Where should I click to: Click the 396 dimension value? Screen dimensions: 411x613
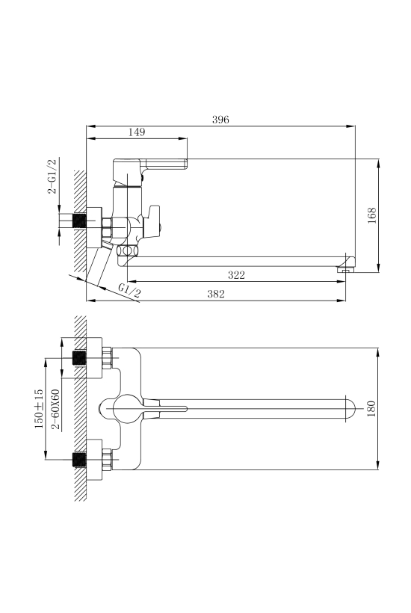click(220, 120)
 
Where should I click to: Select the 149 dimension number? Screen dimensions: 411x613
click(137, 132)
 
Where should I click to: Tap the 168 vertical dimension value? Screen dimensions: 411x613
click(371, 215)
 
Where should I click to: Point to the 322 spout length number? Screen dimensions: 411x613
click(236, 275)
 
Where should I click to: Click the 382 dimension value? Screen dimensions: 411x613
click(216, 294)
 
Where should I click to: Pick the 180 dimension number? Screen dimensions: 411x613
click(371, 409)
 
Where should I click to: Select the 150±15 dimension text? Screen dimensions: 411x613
click(39, 409)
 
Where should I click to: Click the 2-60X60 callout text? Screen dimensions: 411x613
click(56, 409)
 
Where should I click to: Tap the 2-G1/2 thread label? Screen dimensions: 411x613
click(52, 176)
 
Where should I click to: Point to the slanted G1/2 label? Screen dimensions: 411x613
click(129, 291)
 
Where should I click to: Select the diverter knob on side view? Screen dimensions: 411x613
click(152, 221)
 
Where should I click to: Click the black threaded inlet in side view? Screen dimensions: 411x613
click(79, 221)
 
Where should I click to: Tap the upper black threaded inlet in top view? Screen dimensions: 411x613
click(79, 358)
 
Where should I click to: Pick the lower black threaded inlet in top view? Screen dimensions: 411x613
click(79, 460)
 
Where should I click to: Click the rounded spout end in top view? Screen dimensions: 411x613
click(350, 409)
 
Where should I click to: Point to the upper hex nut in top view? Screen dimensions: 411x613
click(107, 358)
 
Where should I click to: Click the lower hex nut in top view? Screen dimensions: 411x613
click(107, 460)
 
